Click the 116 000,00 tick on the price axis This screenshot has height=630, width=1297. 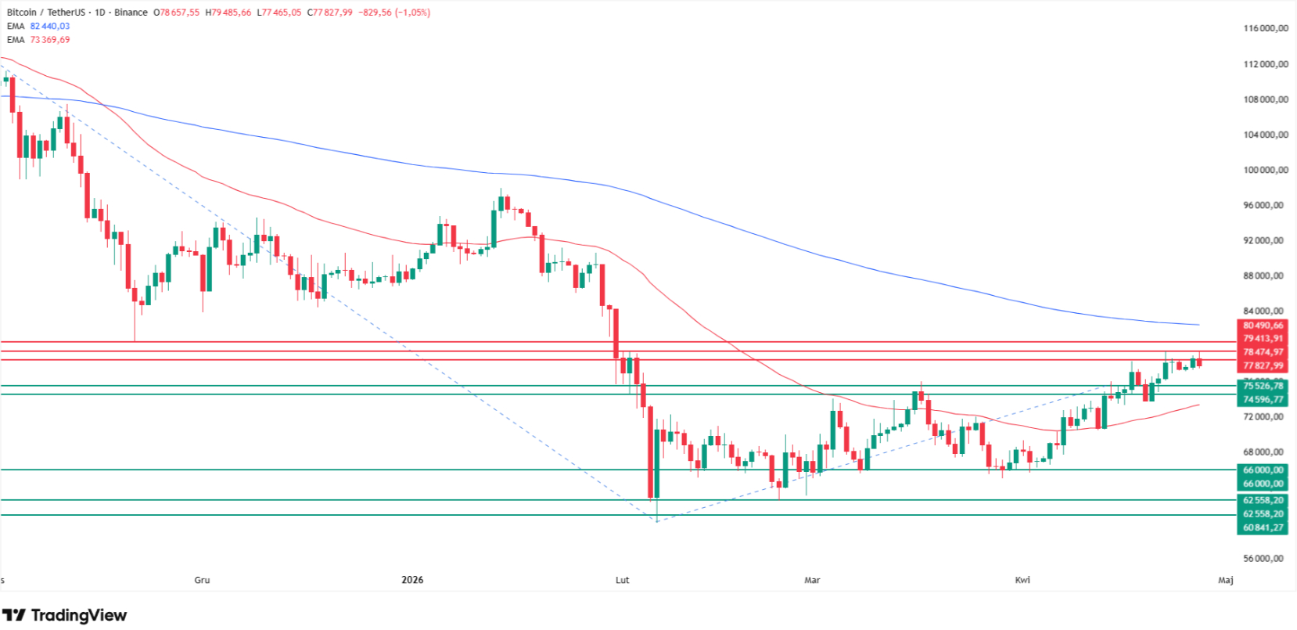point(1266,28)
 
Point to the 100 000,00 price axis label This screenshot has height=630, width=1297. point(1266,170)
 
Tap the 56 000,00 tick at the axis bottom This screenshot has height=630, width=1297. point(1266,558)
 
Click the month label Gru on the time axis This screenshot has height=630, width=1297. point(202,580)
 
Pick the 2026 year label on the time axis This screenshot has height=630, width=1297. point(412,580)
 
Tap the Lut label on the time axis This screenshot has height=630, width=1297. point(622,580)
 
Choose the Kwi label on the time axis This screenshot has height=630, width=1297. point(1022,580)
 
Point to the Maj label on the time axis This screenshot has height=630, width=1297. point(1226,580)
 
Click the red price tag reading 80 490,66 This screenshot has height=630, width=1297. point(1263,326)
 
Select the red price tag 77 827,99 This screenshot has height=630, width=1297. point(1263,365)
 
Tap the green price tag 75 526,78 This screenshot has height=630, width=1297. point(1263,386)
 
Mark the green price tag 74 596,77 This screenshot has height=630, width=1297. point(1263,399)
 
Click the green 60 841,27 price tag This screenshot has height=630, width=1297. point(1263,527)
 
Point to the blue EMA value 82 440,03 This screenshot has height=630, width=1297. point(50,26)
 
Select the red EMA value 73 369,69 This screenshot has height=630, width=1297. point(50,40)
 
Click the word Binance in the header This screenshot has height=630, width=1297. point(131,13)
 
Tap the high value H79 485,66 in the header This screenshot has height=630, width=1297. point(228,13)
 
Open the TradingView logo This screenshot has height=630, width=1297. point(64,615)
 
